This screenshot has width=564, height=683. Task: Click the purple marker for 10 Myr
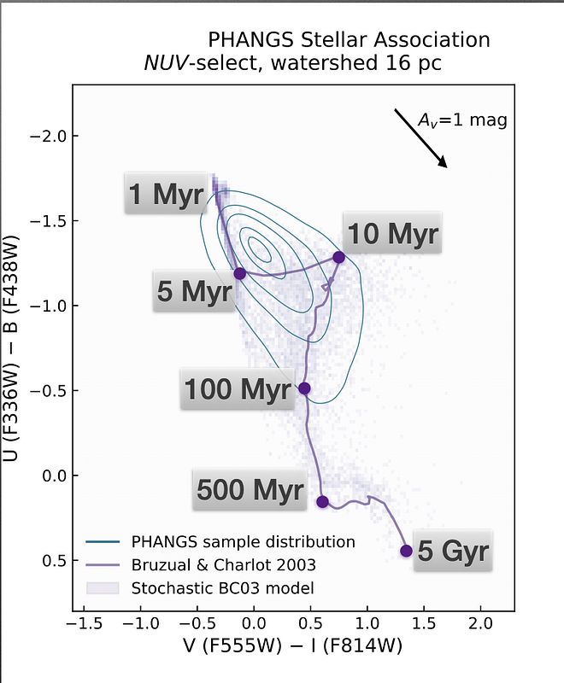(338, 258)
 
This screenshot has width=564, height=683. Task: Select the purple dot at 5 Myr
(240, 273)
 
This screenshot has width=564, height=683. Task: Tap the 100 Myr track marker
(304, 388)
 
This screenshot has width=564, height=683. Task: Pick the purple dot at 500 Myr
(322, 501)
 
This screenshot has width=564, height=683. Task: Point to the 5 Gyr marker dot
(406, 551)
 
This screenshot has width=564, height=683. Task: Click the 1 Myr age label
(166, 194)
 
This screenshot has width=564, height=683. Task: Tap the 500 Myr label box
(250, 489)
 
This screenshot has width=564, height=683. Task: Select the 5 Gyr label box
(453, 551)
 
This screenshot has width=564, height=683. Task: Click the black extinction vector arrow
(421, 138)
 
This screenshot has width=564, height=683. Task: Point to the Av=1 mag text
(462, 120)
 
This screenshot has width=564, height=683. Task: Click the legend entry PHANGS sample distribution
(220, 542)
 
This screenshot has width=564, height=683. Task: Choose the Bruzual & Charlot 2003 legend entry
(201, 565)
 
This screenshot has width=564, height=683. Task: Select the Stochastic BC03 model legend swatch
(103, 588)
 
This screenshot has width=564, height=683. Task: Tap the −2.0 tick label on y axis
(48, 136)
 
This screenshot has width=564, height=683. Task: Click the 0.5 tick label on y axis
(55, 560)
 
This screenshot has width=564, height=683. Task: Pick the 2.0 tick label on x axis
(480, 624)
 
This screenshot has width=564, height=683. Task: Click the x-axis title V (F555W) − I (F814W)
(293, 645)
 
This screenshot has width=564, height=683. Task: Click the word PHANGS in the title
(250, 40)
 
